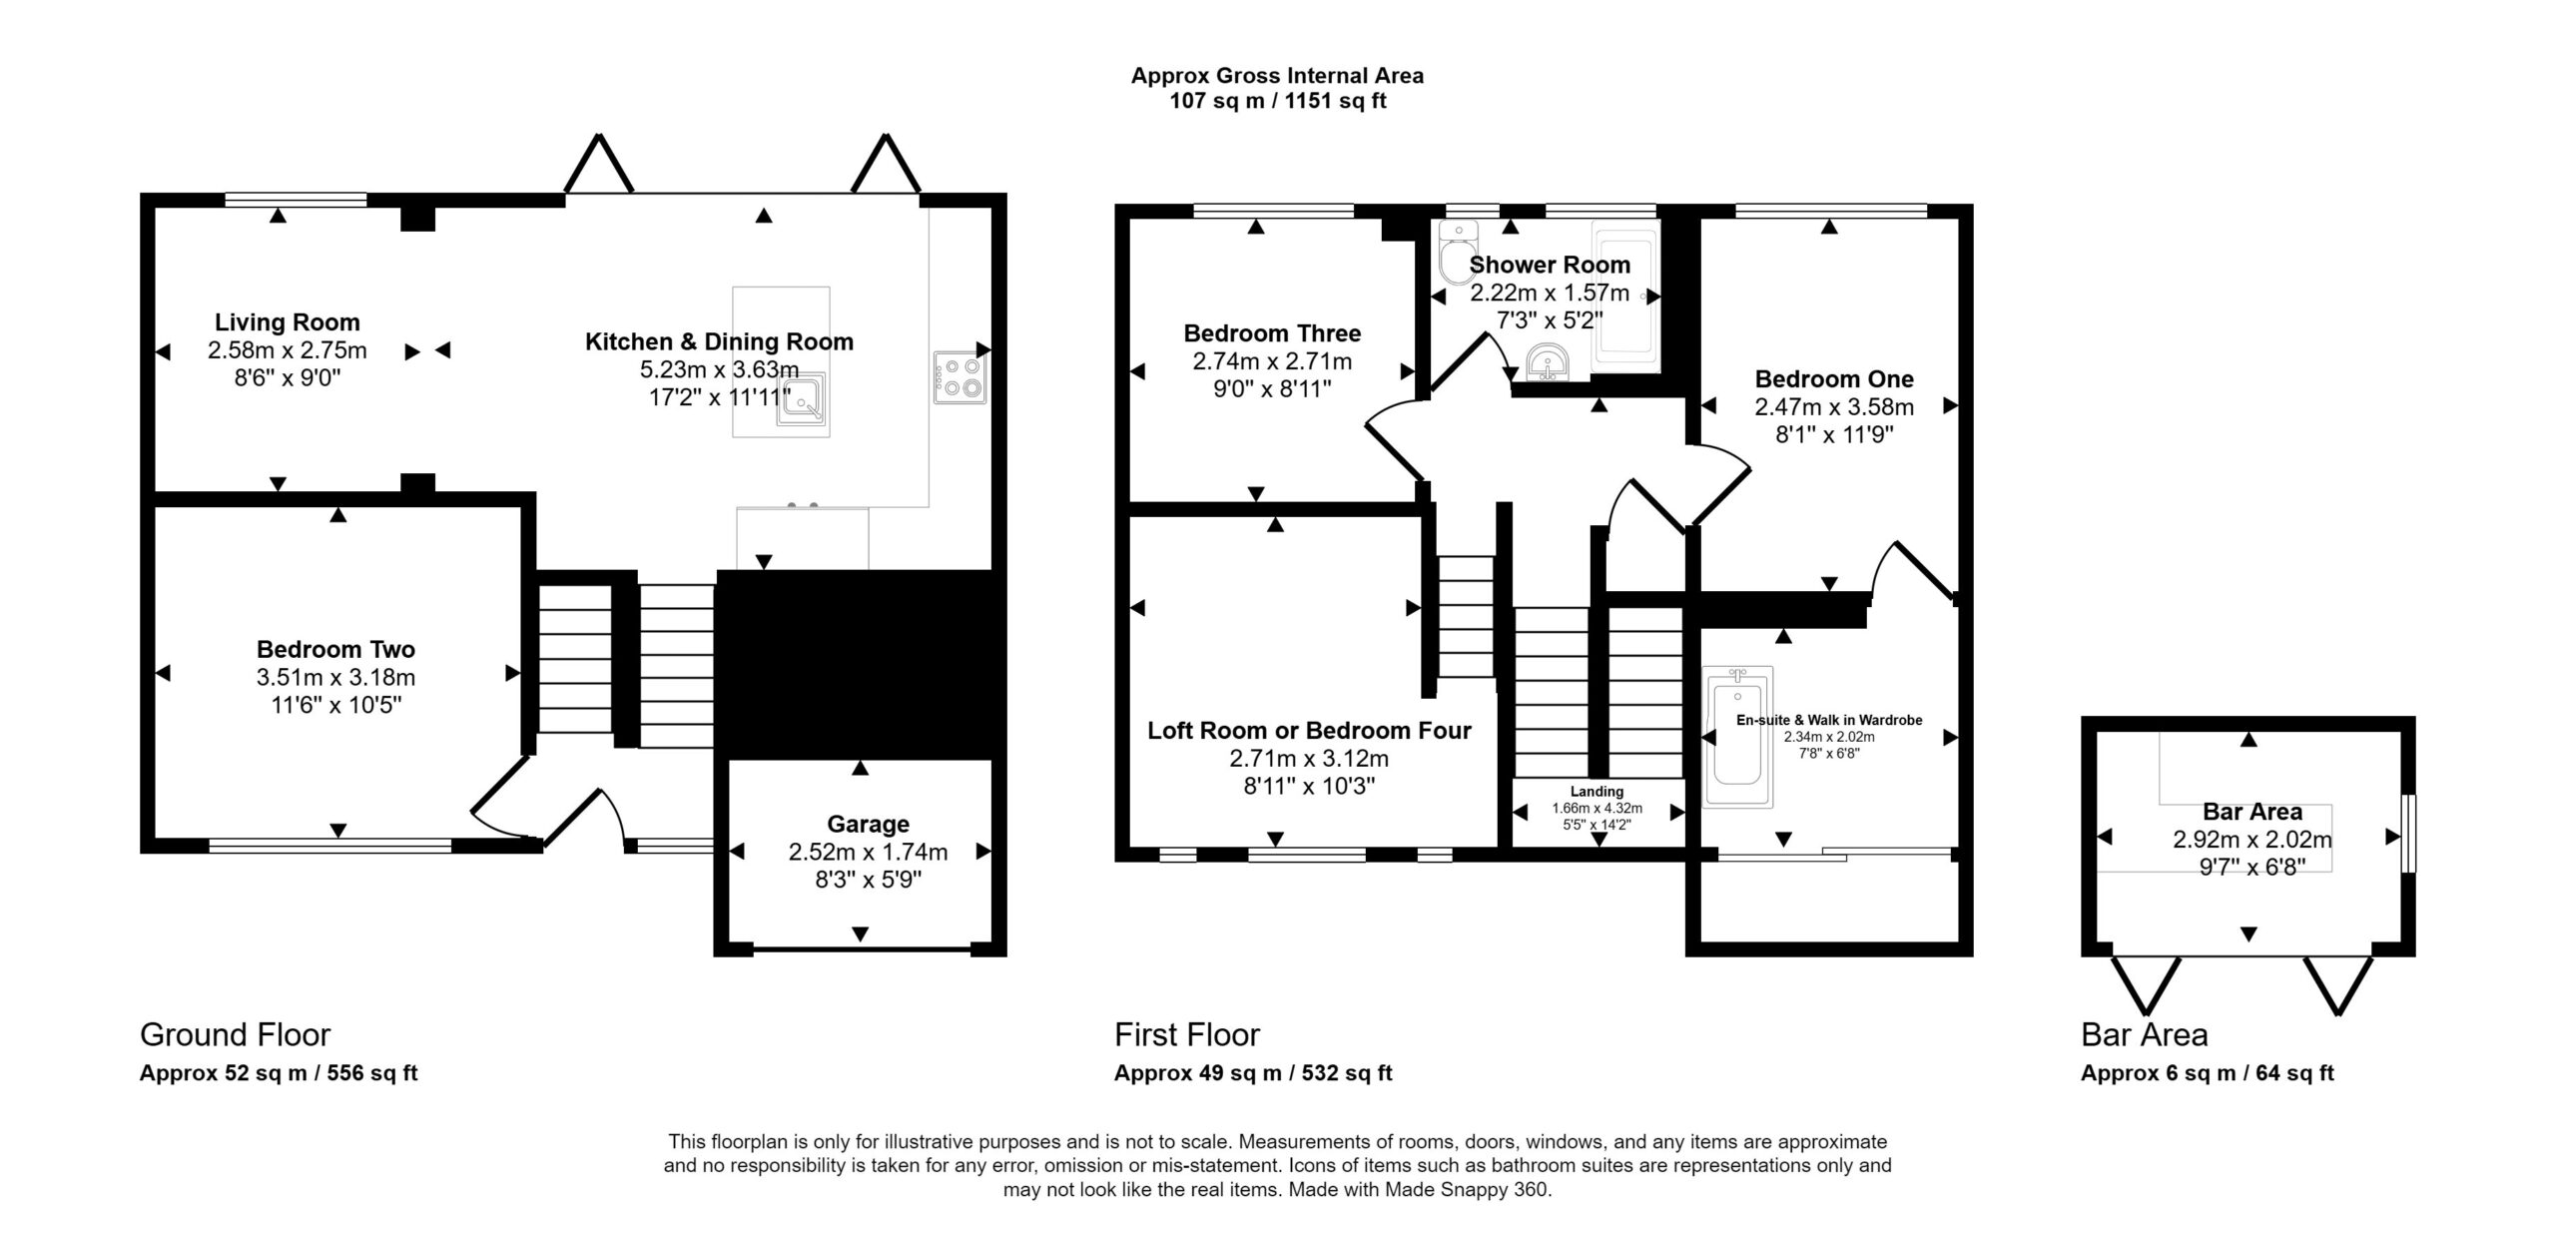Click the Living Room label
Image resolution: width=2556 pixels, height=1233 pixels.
click(x=288, y=322)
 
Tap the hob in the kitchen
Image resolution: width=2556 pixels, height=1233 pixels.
click(x=959, y=377)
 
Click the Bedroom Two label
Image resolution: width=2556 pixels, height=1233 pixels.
click(x=335, y=649)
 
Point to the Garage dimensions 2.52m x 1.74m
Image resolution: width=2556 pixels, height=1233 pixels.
click(x=868, y=852)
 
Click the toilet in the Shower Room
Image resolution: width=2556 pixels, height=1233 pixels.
click(x=1458, y=253)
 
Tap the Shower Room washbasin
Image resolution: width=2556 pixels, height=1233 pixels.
click(x=1549, y=361)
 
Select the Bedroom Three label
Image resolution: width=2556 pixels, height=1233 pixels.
click(x=1272, y=333)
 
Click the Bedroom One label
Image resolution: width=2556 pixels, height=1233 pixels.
click(x=1834, y=379)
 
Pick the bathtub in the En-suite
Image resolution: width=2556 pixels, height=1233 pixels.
click(x=1738, y=737)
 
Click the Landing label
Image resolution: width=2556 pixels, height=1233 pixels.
click(x=1597, y=792)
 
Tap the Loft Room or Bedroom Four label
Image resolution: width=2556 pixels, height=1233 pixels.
click(x=1309, y=731)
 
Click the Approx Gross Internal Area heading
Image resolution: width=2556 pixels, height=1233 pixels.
click(x=1277, y=75)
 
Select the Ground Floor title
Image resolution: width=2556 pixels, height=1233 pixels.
click(x=235, y=1034)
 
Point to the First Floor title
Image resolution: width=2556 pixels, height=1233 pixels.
click(x=1187, y=1034)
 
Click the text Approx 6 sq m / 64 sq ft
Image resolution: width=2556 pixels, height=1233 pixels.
click(x=2208, y=1073)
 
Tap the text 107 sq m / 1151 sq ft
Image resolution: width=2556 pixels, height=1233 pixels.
click(x=1278, y=101)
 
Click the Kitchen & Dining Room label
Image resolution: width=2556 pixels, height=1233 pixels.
click(x=719, y=341)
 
